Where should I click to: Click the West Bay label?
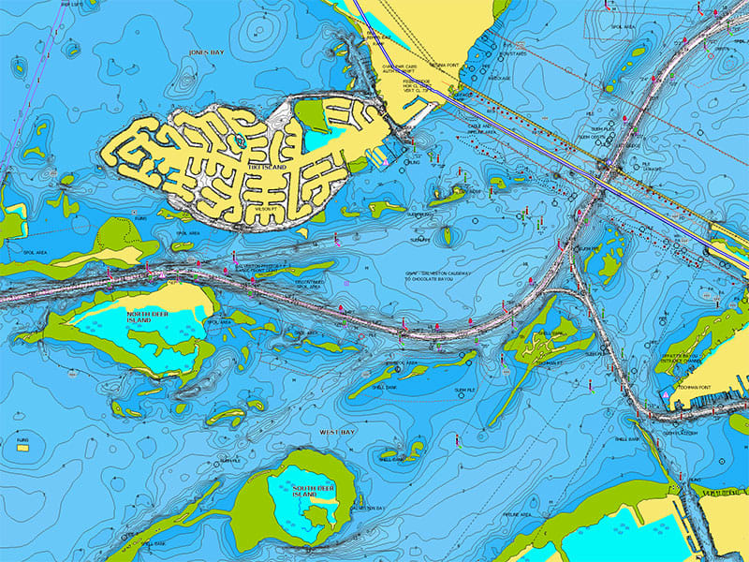[x=334, y=432]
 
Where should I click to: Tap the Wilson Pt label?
[x=264, y=208]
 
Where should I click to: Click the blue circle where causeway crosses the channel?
[x=606, y=170]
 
